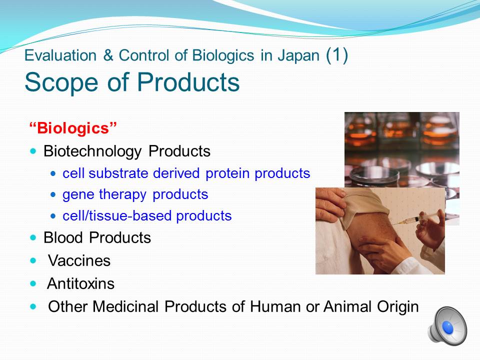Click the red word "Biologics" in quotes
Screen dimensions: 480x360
point(73,128)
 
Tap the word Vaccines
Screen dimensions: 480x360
point(79,261)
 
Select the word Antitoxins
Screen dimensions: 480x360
point(81,283)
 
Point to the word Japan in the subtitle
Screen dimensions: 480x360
point(298,56)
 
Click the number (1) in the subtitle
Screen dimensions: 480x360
point(337,55)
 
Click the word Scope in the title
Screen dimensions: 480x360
point(61,82)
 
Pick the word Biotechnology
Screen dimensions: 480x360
point(92,151)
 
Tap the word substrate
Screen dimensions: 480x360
point(118,173)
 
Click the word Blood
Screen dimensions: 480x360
point(63,237)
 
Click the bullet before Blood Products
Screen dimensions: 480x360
point(33,237)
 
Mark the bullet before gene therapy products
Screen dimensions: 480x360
point(53,194)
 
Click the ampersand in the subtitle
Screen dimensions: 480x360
point(107,55)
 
